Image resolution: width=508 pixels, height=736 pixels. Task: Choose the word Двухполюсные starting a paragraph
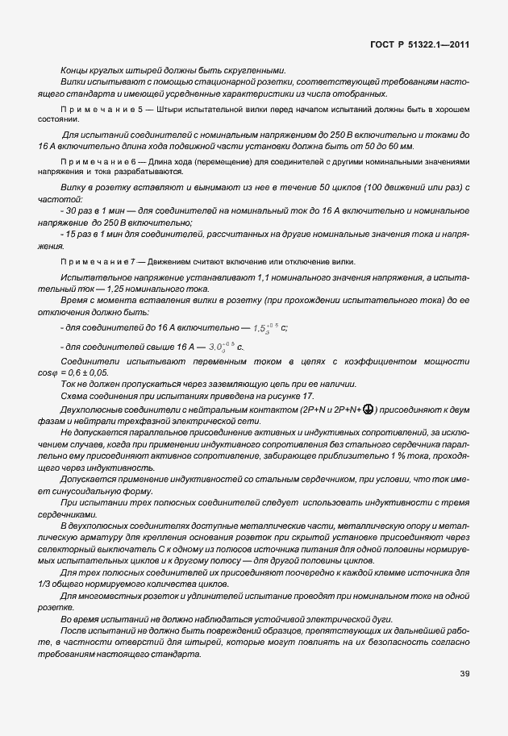pyautogui.click(x=90, y=410)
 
